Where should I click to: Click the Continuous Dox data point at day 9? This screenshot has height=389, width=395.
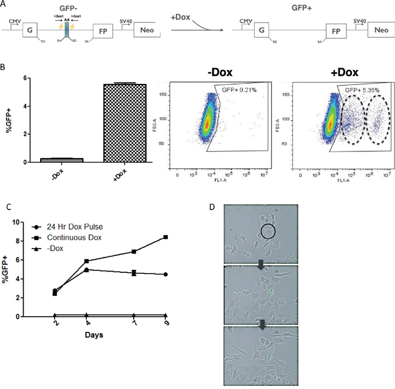165,237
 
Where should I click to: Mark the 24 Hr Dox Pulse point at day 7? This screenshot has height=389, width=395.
134,273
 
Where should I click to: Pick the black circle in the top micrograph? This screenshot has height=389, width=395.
267,232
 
